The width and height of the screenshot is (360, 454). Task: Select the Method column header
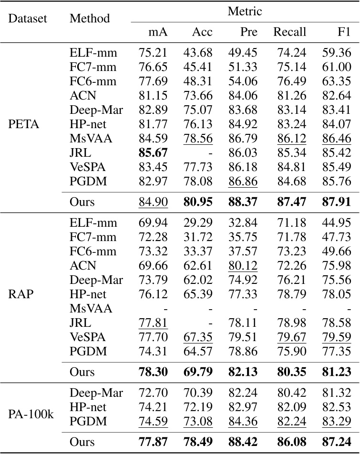90,19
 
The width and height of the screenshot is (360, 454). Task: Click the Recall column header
289,32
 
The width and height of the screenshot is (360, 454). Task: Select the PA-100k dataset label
32,414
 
